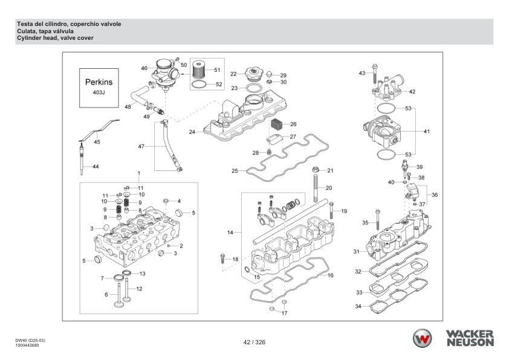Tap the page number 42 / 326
point(254,342)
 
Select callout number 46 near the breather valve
point(144,68)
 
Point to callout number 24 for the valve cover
point(192,131)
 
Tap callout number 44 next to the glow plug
point(95,166)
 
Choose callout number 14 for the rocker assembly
point(230,232)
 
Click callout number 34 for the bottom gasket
point(358,306)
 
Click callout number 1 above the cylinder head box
point(138,173)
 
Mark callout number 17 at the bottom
point(284,313)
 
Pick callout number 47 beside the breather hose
point(141,147)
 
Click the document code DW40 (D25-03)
point(31,340)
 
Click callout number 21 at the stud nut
point(330,170)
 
